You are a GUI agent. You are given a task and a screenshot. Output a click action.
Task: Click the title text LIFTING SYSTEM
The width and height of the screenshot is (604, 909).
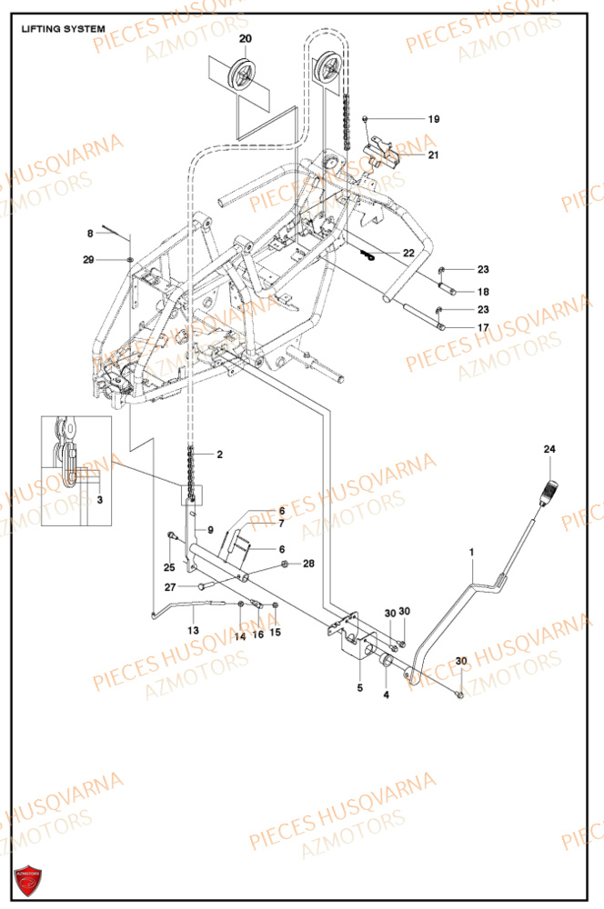pyautogui.click(x=63, y=29)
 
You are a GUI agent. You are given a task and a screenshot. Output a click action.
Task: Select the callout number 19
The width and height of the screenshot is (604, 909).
pyautogui.click(x=434, y=119)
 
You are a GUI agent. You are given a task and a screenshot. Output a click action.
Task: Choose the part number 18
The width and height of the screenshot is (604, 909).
pyautogui.click(x=483, y=292)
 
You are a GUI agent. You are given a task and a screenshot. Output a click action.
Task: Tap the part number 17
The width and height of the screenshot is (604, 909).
pyautogui.click(x=483, y=327)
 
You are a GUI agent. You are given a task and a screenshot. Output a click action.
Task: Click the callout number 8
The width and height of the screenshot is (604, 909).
pyautogui.click(x=90, y=234)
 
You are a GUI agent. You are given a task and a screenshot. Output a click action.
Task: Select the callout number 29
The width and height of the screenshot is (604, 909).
pyautogui.click(x=88, y=261)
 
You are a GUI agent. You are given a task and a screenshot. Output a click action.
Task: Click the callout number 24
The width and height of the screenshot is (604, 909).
pyautogui.click(x=549, y=450)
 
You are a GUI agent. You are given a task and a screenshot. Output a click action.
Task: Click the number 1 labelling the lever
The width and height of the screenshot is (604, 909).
pyautogui.click(x=472, y=552)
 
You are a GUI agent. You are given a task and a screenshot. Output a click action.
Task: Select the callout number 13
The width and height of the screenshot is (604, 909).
pyautogui.click(x=192, y=629)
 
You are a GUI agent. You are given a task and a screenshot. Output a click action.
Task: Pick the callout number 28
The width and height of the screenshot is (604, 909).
pyautogui.click(x=308, y=564)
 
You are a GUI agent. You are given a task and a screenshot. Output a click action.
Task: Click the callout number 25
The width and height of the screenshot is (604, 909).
pyautogui.click(x=168, y=567)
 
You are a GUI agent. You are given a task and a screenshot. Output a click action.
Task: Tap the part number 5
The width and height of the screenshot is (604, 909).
pyautogui.click(x=359, y=688)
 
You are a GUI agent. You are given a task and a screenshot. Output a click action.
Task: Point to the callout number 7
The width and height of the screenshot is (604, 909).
pyautogui.click(x=281, y=524)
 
